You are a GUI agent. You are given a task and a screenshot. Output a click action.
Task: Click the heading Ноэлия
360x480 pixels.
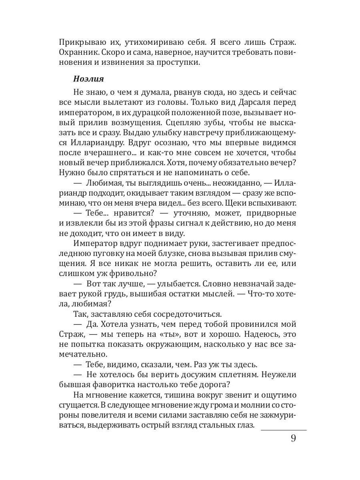coord(89,79)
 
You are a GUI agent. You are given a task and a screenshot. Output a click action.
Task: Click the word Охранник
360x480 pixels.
coord(77,52)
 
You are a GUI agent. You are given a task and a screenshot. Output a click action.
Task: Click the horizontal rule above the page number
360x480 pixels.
coord(284,430)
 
